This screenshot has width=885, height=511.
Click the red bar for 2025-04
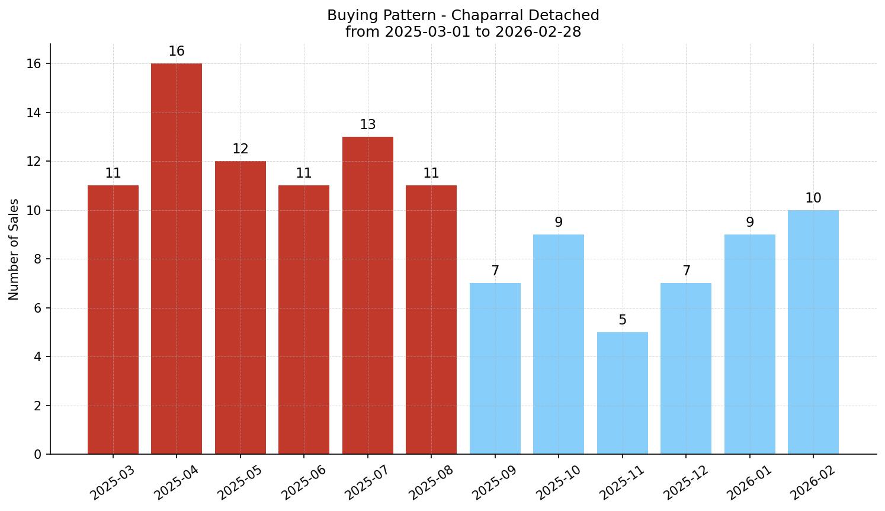click(x=177, y=259)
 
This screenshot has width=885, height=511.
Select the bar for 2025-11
click(x=622, y=393)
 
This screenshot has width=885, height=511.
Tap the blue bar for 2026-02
click(x=813, y=332)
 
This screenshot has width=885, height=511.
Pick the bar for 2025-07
click(x=367, y=295)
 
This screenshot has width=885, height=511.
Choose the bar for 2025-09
click(x=495, y=368)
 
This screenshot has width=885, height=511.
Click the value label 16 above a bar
click(x=177, y=52)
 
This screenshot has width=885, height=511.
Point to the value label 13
click(x=367, y=125)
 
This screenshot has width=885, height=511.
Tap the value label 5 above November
click(x=622, y=320)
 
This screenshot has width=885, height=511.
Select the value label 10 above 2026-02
click(x=813, y=198)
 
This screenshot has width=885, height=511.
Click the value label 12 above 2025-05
click(x=240, y=149)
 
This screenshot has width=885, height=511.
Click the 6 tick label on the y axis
click(x=37, y=308)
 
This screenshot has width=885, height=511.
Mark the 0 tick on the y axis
click(x=37, y=454)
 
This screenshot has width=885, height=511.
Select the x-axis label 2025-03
click(x=113, y=483)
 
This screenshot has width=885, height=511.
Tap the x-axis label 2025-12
click(x=685, y=483)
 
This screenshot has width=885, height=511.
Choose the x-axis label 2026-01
click(x=749, y=483)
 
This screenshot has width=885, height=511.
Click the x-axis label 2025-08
click(x=431, y=483)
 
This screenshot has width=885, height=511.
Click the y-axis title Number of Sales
click(x=14, y=249)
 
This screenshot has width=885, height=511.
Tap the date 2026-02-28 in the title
click(x=538, y=32)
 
